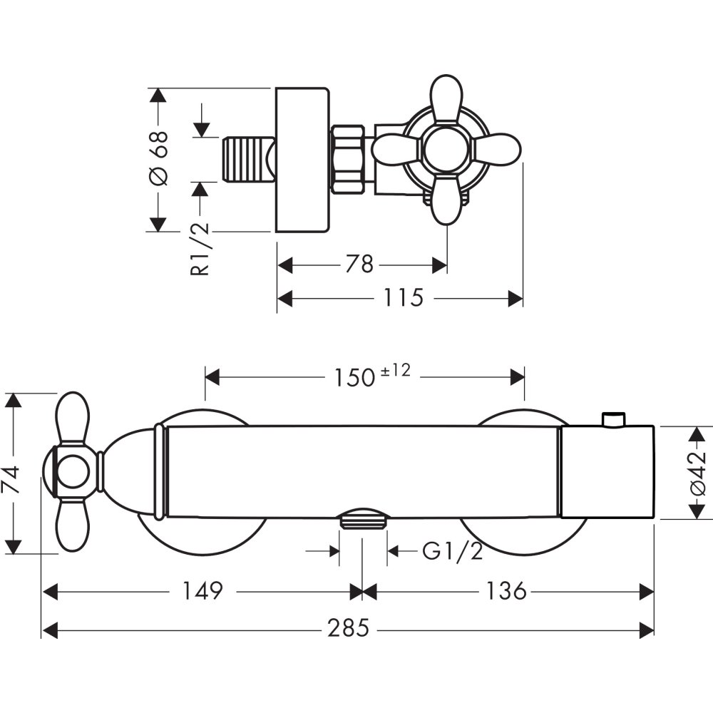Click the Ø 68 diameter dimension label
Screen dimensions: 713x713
[160, 158]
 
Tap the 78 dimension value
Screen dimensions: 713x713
[359, 265]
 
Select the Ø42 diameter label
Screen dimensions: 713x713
[698, 472]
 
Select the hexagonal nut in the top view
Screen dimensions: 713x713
[348, 159]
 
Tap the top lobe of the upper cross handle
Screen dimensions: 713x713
[447, 96]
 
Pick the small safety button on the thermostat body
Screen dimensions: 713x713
[614, 420]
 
